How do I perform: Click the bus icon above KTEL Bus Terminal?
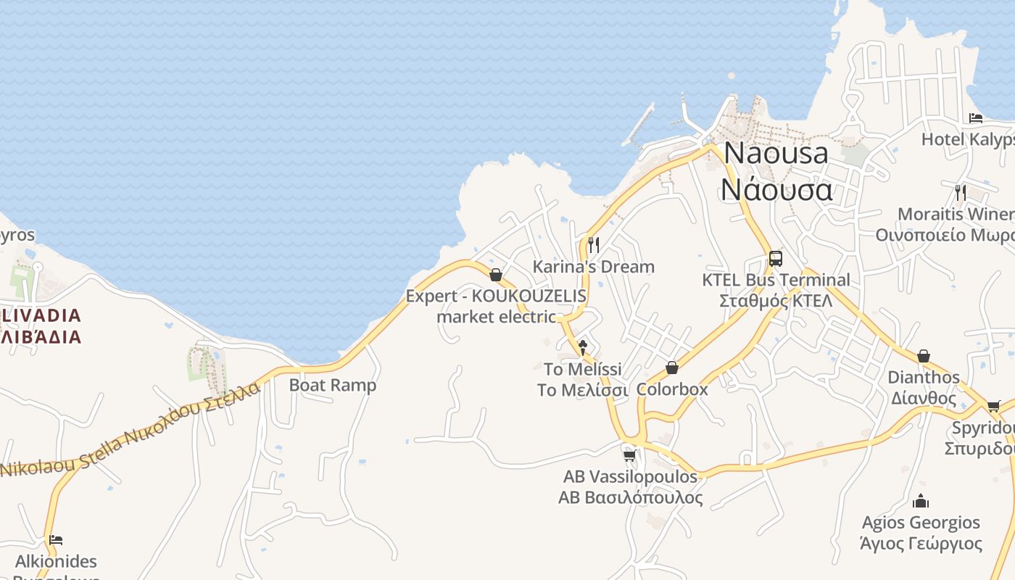point(775,258)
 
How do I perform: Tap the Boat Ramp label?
point(333,385)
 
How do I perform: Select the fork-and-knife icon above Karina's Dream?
point(593,244)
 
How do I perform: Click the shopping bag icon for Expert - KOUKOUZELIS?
point(496,275)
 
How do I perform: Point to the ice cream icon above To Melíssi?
point(582,347)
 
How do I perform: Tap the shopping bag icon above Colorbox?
point(672,368)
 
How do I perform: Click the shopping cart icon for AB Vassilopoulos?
point(630,455)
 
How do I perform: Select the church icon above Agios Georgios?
point(921,501)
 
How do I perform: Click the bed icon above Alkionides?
point(56,539)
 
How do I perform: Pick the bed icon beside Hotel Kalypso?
point(976,118)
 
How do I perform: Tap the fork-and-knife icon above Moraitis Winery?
point(961,192)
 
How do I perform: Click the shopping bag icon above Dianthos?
point(924,356)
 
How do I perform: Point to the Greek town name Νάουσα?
point(776,190)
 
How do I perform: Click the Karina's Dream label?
point(593,267)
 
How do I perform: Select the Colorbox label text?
point(672,389)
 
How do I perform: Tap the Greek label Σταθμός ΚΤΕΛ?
point(776,300)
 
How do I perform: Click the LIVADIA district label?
point(41,316)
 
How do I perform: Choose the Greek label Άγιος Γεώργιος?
point(921,544)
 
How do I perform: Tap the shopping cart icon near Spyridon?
point(993,406)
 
